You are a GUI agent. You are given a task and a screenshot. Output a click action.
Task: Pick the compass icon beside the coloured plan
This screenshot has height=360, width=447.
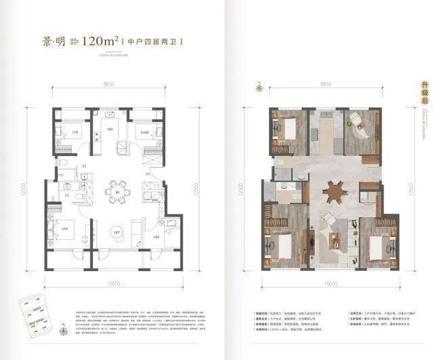258,87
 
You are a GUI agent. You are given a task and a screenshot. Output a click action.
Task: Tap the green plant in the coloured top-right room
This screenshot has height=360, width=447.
351,123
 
